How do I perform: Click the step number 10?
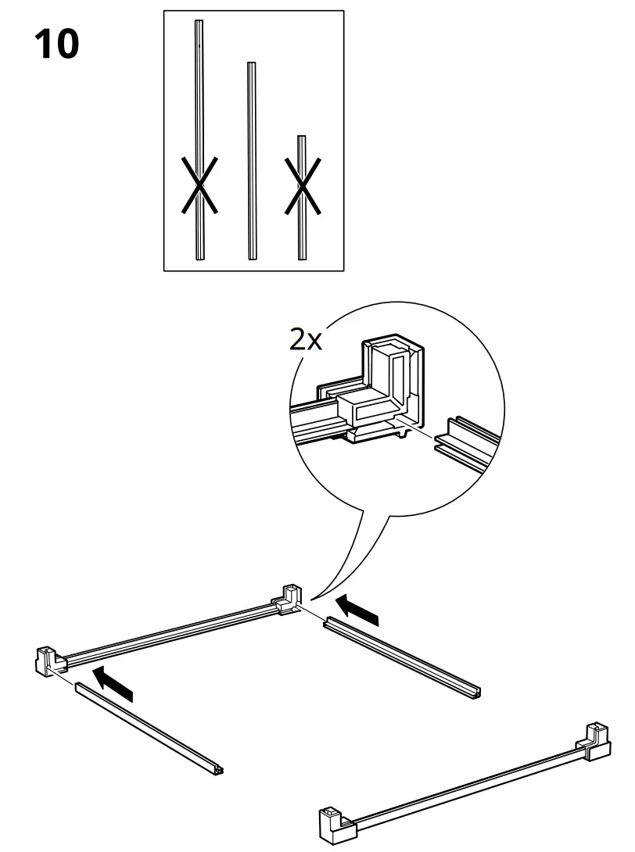[x=56, y=45]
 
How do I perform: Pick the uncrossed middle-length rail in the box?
[x=251, y=160]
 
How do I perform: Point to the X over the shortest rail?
[x=302, y=186]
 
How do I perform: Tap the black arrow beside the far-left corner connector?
[x=112, y=682]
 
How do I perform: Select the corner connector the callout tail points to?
[x=287, y=598]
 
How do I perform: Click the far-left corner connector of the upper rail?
[x=48, y=660]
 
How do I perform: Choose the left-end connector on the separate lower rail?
[x=333, y=823]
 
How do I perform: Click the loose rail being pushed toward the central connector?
[x=402, y=655]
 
